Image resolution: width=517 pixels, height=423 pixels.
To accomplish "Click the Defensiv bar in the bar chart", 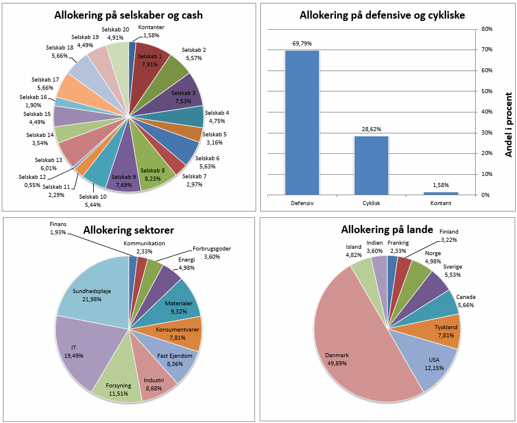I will (302, 122).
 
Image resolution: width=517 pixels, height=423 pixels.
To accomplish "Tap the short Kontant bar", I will (440, 193).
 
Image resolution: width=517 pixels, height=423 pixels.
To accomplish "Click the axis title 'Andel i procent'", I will (508, 124).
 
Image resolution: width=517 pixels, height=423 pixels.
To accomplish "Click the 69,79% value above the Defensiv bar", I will (302, 44).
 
